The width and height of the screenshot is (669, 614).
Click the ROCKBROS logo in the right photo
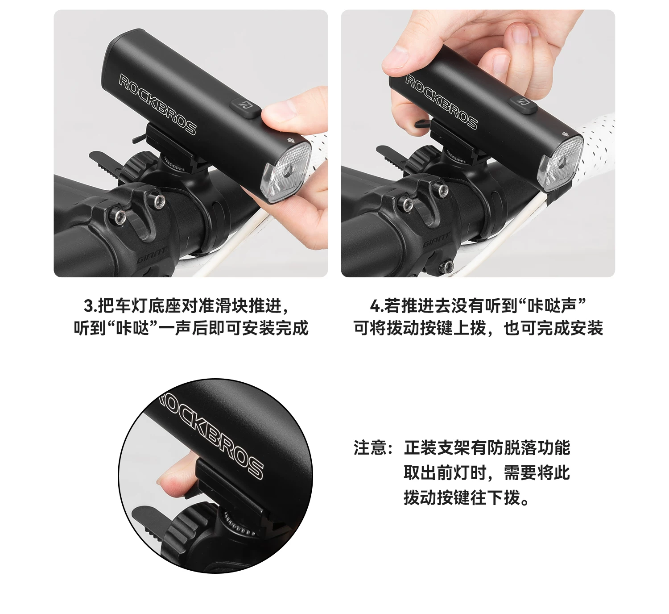441,102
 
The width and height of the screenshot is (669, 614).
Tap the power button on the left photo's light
245,108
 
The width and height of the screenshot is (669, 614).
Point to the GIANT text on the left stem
151,255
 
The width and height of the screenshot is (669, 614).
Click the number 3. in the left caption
90,306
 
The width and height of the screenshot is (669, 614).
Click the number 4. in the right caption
377,306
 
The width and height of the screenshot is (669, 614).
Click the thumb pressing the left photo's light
280,112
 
